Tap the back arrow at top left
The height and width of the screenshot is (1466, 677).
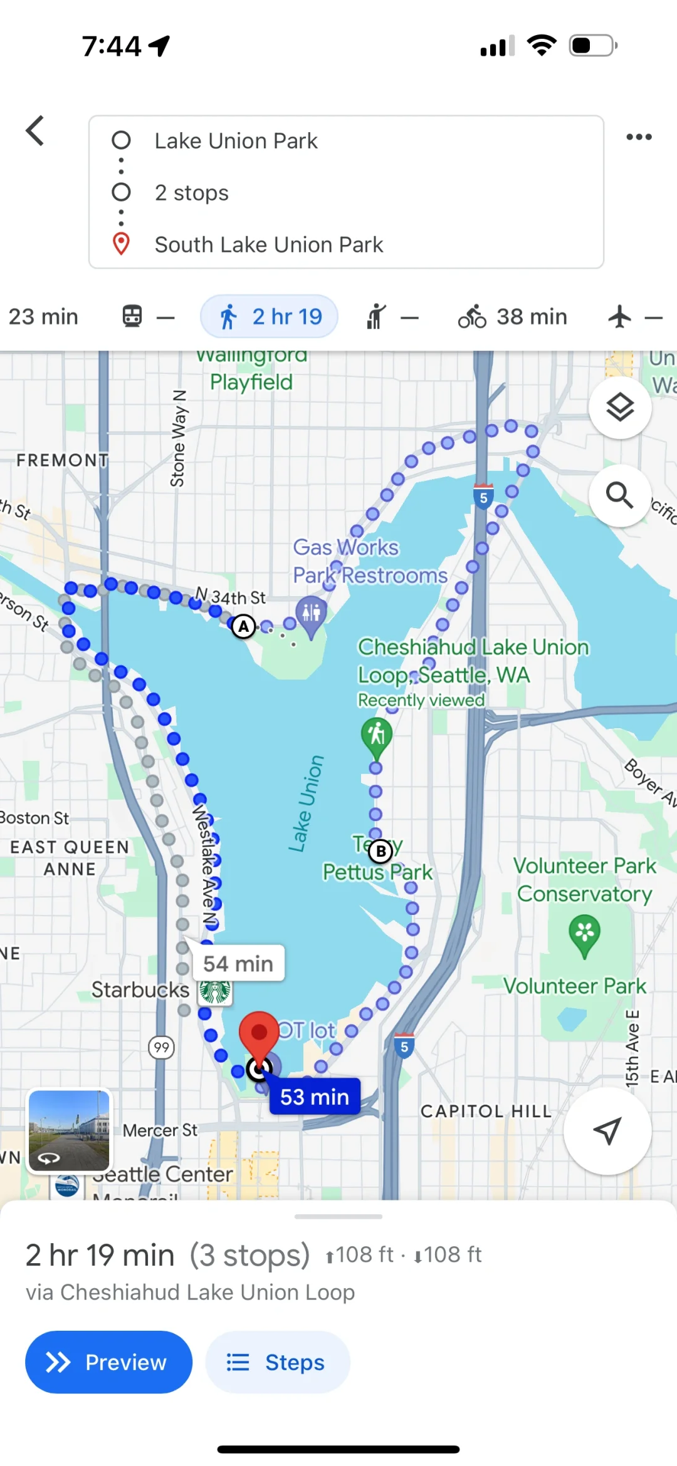(35, 131)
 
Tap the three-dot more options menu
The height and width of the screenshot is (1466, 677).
(639, 137)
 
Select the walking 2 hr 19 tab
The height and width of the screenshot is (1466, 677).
(270, 316)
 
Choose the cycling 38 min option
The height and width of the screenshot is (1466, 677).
(512, 316)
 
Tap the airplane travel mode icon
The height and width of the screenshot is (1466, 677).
(620, 316)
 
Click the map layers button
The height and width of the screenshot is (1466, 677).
(619, 408)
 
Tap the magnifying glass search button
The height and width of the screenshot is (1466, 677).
(619, 495)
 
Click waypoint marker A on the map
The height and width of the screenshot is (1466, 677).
(244, 626)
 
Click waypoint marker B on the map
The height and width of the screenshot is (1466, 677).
(380, 851)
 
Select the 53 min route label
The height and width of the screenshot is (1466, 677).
(315, 1097)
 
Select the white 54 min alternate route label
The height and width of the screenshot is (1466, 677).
(238, 963)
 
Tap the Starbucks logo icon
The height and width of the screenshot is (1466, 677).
(216, 991)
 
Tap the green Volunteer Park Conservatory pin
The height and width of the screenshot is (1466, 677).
(584, 934)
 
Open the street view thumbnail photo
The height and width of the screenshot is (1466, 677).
(69, 1130)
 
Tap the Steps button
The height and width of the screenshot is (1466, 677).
(277, 1362)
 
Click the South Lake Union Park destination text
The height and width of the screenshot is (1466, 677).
(268, 245)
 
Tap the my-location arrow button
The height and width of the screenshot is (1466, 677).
(607, 1130)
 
